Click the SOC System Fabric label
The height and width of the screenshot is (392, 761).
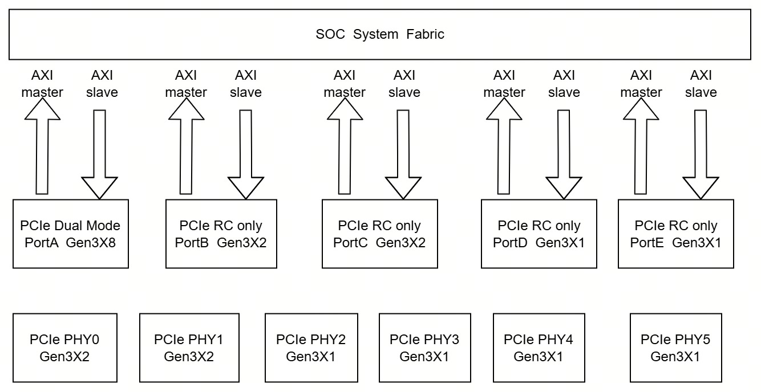point(380,34)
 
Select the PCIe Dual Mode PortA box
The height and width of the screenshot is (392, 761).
point(71,234)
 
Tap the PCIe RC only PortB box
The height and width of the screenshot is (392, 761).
point(221,234)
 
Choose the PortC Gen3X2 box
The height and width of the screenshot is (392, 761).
point(380,234)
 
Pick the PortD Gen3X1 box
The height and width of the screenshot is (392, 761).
point(539,234)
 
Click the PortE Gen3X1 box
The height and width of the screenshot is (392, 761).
point(676,234)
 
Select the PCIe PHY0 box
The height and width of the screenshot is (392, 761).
point(65,348)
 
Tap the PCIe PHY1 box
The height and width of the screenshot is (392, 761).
point(189,348)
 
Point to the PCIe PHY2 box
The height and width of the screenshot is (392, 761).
point(311,348)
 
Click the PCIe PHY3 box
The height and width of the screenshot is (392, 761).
point(424,348)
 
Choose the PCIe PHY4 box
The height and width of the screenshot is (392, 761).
point(539,348)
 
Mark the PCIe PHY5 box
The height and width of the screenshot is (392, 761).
point(676,348)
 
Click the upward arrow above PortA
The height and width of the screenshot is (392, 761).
point(42,146)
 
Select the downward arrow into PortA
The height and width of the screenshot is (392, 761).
point(99,154)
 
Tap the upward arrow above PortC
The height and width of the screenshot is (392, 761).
point(345,146)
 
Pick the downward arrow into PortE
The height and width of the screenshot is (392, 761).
point(701,154)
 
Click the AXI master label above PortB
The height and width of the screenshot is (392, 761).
point(186,84)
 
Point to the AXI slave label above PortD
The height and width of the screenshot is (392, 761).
point(564,84)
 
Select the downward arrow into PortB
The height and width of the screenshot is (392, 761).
point(246,154)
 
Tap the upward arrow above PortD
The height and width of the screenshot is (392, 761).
point(504,146)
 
